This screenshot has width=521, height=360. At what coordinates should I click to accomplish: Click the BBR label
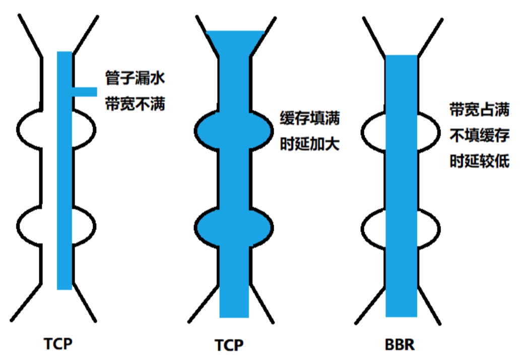(x=400, y=344)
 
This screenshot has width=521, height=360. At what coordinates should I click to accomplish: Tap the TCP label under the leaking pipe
(x=58, y=343)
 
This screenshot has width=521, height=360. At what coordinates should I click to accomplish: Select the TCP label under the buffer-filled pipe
(x=229, y=345)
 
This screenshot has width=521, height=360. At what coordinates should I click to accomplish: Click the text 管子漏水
(x=135, y=78)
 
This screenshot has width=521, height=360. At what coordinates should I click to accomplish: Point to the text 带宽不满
(x=135, y=104)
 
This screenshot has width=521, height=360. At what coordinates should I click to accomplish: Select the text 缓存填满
(x=310, y=118)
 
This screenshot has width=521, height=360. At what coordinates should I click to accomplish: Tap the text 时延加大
(x=310, y=144)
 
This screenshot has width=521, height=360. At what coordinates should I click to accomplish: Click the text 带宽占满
(x=480, y=109)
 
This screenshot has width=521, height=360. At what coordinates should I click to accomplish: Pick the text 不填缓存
(x=480, y=135)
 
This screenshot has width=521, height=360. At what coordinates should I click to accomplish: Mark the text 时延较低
(x=480, y=161)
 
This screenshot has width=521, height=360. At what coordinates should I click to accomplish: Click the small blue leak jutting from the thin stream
(x=84, y=92)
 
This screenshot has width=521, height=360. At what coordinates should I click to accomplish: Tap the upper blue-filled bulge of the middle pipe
(x=234, y=131)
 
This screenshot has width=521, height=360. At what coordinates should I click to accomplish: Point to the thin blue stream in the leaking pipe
(x=64, y=170)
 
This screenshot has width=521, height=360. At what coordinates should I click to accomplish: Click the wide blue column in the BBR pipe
(x=402, y=186)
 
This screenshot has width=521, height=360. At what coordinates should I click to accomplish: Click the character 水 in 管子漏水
(x=158, y=78)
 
